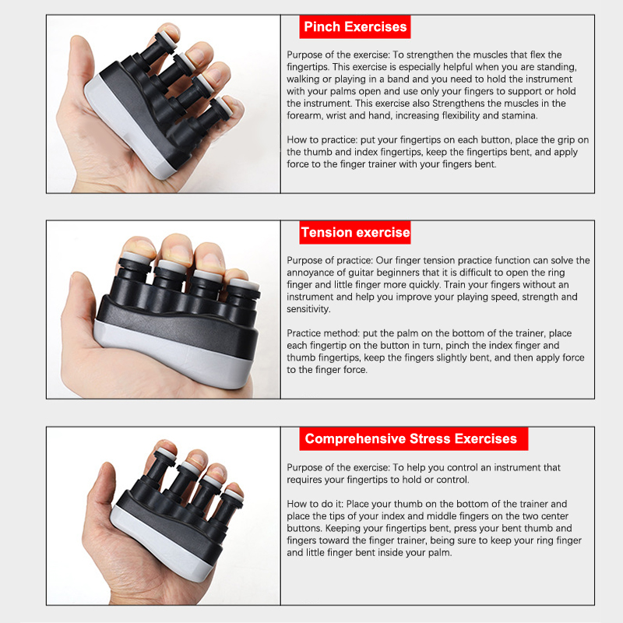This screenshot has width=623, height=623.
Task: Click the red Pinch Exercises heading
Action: (x=355, y=26)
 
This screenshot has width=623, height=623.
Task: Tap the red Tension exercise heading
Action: (x=355, y=232)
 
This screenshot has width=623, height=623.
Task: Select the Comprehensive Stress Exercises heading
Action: (x=414, y=438)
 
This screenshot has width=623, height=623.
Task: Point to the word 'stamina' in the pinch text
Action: (x=519, y=115)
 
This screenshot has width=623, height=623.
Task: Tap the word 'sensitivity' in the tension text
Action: (x=308, y=309)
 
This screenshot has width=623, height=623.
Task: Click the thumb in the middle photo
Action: (x=82, y=302)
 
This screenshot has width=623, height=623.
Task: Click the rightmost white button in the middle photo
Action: (x=244, y=284)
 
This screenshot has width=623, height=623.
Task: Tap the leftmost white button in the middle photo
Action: (x=136, y=258)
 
